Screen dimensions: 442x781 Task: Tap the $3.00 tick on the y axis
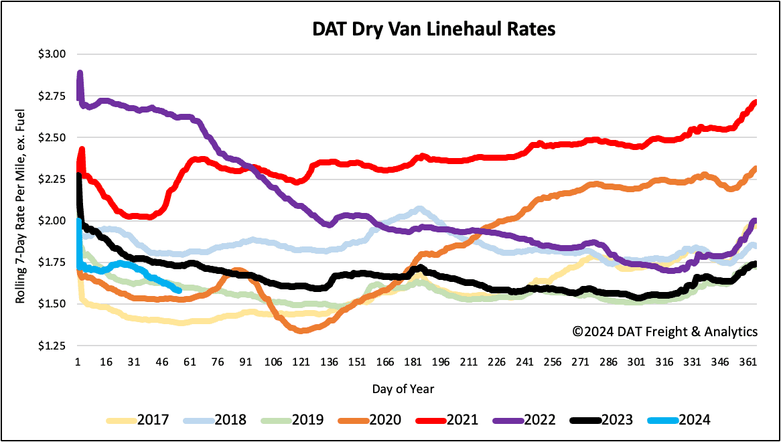point(55,54)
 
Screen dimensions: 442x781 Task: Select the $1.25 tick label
point(55,346)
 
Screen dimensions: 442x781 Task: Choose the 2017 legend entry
point(137,420)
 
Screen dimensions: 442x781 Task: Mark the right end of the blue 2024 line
point(179,290)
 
